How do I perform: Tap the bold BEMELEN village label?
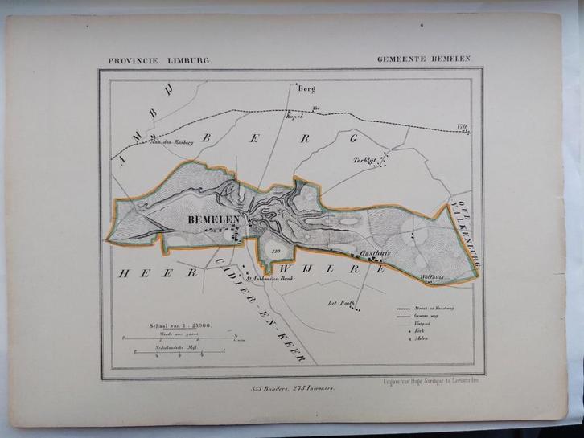(x=208, y=219)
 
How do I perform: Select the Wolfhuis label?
(x=433, y=278)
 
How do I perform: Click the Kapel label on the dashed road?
(x=291, y=117)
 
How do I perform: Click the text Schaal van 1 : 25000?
(x=179, y=325)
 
